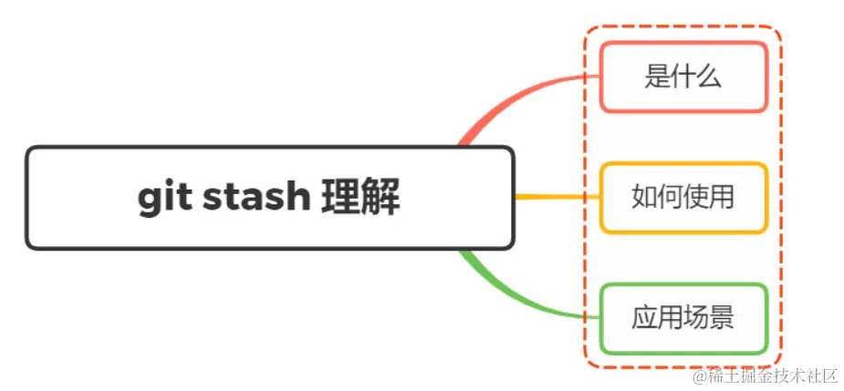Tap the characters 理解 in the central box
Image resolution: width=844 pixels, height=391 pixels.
click(x=360, y=198)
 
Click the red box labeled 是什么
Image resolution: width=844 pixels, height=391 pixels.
click(x=682, y=77)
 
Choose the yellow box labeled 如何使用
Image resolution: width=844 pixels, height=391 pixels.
click(x=682, y=197)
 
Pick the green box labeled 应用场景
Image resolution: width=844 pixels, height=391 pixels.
click(x=682, y=318)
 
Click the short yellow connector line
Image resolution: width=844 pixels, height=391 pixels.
click(x=557, y=197)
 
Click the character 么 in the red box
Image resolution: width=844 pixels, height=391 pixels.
click(x=709, y=77)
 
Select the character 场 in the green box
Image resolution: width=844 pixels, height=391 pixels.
click(x=695, y=318)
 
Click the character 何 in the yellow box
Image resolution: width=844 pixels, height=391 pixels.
click(x=670, y=197)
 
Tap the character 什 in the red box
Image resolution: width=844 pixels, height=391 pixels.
click(x=682, y=77)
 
